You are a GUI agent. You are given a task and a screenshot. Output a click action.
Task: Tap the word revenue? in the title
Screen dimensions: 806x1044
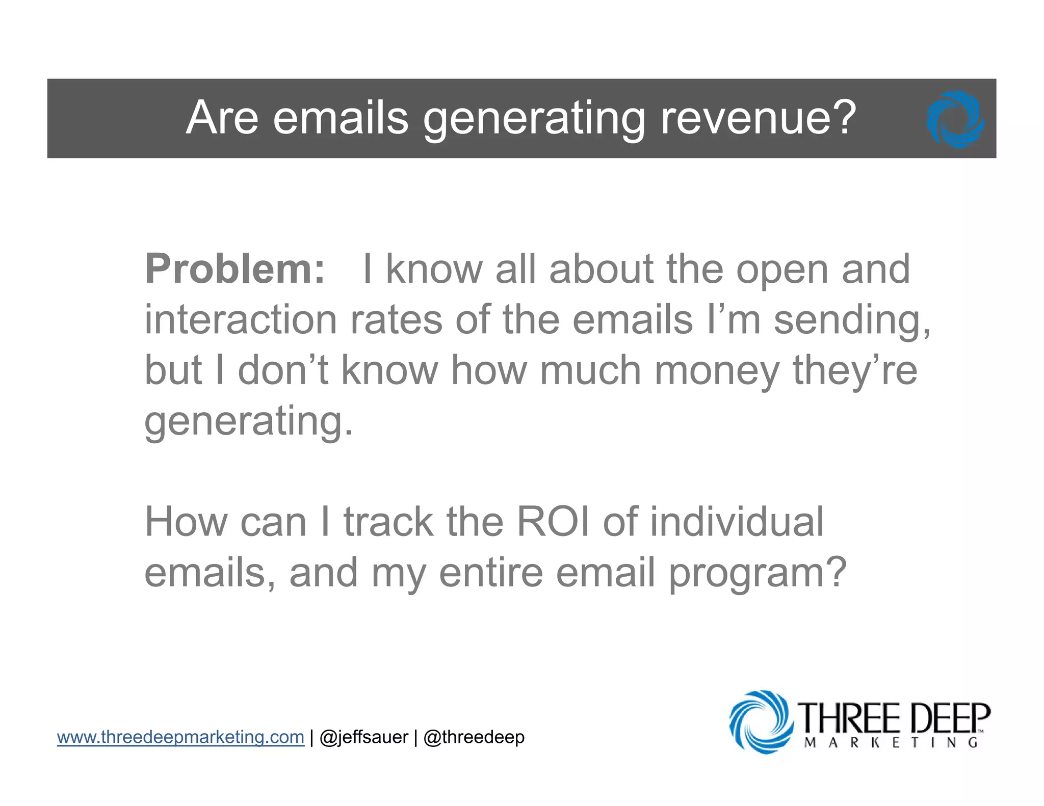[759, 118]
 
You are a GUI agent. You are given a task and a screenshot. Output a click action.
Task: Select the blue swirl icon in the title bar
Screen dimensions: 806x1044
[955, 119]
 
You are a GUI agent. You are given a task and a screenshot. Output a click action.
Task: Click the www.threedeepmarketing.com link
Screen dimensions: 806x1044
[180, 737]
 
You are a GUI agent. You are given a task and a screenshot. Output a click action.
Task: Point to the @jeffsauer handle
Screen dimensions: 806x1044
[363, 737]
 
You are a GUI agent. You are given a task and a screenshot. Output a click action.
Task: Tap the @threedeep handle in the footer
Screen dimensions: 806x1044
[474, 737]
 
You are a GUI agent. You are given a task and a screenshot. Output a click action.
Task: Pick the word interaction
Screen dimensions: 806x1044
[241, 320]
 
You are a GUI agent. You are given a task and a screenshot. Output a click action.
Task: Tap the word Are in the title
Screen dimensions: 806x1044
[222, 118]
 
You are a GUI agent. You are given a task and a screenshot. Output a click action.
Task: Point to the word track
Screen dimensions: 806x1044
[388, 522]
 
